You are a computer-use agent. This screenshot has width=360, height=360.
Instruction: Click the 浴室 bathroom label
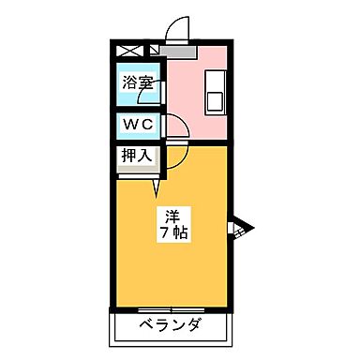pos(138,82)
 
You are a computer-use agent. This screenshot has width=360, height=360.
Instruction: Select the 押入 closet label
pos(137,155)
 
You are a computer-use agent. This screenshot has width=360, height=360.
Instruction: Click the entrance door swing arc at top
pos(177,29)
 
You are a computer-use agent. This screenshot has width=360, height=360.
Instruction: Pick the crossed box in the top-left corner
pos(127,49)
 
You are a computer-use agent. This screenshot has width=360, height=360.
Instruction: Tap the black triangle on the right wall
pos(238,227)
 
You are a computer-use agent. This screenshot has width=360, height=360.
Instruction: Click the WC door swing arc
pos(175,126)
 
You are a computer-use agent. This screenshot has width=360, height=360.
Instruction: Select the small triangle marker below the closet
pos(157,193)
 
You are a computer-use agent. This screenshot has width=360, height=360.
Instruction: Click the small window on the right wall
pos(232,229)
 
